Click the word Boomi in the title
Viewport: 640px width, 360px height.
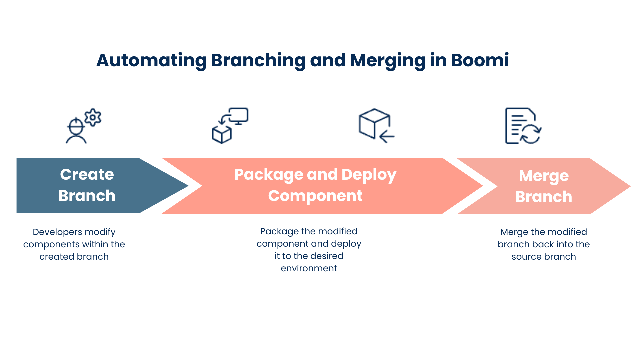point(480,60)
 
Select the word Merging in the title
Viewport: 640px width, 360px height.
point(388,60)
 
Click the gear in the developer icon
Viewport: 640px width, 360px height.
point(93,117)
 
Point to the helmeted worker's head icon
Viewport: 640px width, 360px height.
point(76,127)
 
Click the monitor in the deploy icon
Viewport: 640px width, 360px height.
point(238,116)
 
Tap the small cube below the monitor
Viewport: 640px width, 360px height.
point(222,135)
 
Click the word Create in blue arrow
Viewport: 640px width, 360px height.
point(87,174)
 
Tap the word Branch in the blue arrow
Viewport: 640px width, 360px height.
point(87,196)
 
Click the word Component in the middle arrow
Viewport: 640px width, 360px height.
point(315,196)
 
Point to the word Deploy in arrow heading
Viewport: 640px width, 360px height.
point(369,175)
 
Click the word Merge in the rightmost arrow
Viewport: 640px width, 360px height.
point(544,176)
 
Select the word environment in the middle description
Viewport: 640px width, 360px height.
point(309,268)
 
